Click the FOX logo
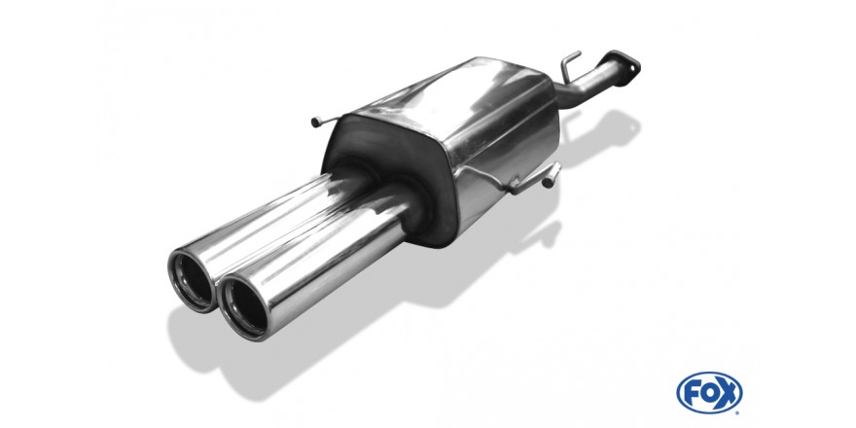709,393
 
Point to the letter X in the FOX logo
728,393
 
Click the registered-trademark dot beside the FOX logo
738,412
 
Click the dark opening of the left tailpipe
194,282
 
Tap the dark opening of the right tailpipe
245,306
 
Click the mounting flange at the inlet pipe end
624,64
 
